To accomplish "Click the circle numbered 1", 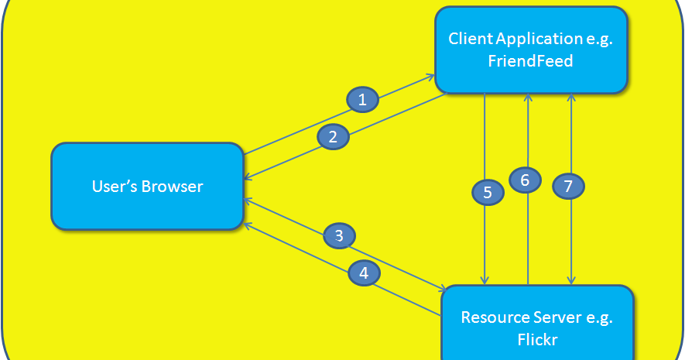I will (x=362, y=99).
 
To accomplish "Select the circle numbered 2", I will (x=333, y=137).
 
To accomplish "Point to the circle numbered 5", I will (x=488, y=192).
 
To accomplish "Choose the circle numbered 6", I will (x=525, y=180).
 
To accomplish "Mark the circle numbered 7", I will (x=568, y=186).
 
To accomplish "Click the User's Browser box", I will (x=147, y=187).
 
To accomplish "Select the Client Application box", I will (x=531, y=50).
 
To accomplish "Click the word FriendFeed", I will (x=531, y=60).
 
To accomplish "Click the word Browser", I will (x=173, y=187).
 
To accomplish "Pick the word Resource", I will (x=495, y=317).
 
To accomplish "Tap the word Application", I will (x=535, y=39).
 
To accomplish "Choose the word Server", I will (x=557, y=317).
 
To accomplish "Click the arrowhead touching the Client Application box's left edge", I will (x=430, y=77).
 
